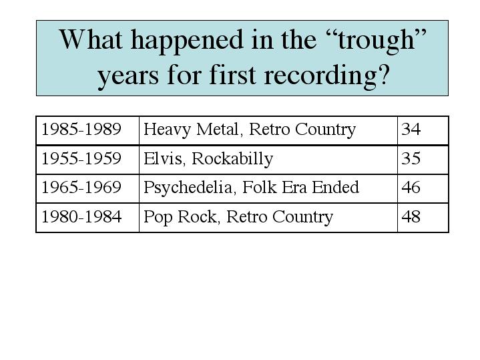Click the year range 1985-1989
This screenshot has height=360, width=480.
coord(81,129)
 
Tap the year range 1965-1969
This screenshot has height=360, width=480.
coord(81,187)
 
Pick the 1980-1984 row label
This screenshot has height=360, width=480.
coord(81,216)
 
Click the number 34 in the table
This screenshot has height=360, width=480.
coord(411,129)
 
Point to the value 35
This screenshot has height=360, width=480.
coord(411,158)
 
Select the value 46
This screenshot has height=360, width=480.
coord(411,187)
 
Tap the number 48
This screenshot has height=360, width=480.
coord(411,216)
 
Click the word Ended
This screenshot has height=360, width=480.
coord(336,187)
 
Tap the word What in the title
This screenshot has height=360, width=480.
coord(91,39)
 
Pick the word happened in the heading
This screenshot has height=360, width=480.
coord(187,41)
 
